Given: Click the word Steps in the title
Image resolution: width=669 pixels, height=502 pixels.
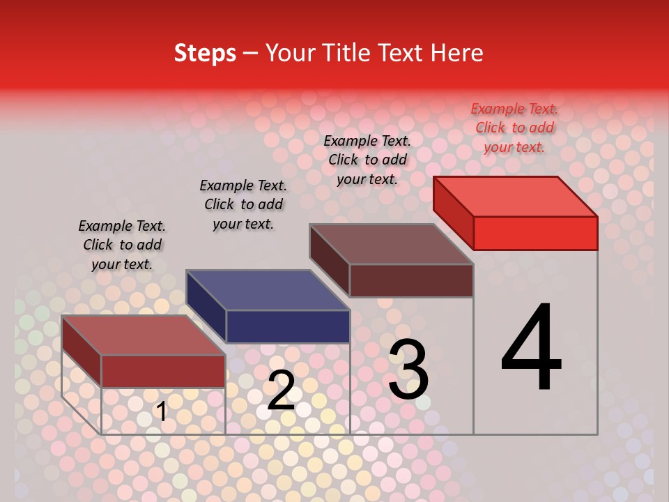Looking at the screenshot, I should tap(205, 53).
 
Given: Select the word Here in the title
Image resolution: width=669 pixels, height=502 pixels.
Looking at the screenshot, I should tap(456, 53).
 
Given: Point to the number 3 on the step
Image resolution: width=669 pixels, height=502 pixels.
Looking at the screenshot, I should tap(408, 370).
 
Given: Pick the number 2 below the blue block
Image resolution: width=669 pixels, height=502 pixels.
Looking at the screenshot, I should tap(281, 390).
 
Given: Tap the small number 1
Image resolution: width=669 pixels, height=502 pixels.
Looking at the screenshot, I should tap(162, 411).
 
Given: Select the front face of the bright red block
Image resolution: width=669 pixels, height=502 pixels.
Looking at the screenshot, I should tap(535, 233).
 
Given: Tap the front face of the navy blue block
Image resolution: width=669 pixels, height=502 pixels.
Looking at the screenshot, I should tap(288, 326).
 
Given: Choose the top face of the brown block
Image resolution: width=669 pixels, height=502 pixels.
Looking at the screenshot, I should tap(392, 244).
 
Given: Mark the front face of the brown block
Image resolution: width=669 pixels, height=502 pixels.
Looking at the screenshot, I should tap(411, 280).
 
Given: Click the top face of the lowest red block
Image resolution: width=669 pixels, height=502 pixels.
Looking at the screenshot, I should tap(144, 335).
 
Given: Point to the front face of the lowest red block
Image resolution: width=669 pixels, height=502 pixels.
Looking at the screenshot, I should tap(163, 371).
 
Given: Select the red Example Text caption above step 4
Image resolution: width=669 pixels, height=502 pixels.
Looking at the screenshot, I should tap(514, 128).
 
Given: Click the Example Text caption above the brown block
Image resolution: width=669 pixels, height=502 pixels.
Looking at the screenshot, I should tap(367, 160).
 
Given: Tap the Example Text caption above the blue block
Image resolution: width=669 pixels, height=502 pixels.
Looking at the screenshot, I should tap(243, 204).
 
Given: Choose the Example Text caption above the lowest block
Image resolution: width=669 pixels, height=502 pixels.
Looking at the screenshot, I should tap(122, 245).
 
